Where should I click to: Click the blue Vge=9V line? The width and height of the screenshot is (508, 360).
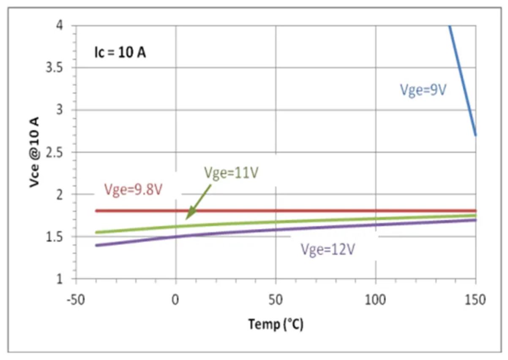pyautogui.click(x=463, y=80)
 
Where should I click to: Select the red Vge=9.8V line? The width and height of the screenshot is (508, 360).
pyautogui.click(x=296, y=210)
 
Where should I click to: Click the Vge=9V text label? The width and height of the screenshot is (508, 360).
pyautogui.click(x=423, y=90)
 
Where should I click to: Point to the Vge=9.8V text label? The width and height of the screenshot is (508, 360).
pyautogui.click(x=133, y=191)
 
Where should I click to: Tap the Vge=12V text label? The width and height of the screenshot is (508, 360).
pyautogui.click(x=328, y=249)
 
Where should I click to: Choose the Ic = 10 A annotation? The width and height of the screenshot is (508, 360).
pyautogui.click(x=120, y=53)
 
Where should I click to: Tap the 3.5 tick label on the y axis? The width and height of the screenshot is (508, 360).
pyautogui.click(x=56, y=68)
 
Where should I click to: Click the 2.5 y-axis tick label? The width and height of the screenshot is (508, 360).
pyautogui.click(x=56, y=152)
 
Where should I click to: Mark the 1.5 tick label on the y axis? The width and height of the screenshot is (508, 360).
pyautogui.click(x=56, y=237)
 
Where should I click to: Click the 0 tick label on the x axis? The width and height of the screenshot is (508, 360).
pyautogui.click(x=175, y=301)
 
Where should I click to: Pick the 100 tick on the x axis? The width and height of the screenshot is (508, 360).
pyautogui.click(x=376, y=301)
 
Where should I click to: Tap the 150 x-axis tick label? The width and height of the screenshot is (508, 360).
pyautogui.click(x=476, y=301)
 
